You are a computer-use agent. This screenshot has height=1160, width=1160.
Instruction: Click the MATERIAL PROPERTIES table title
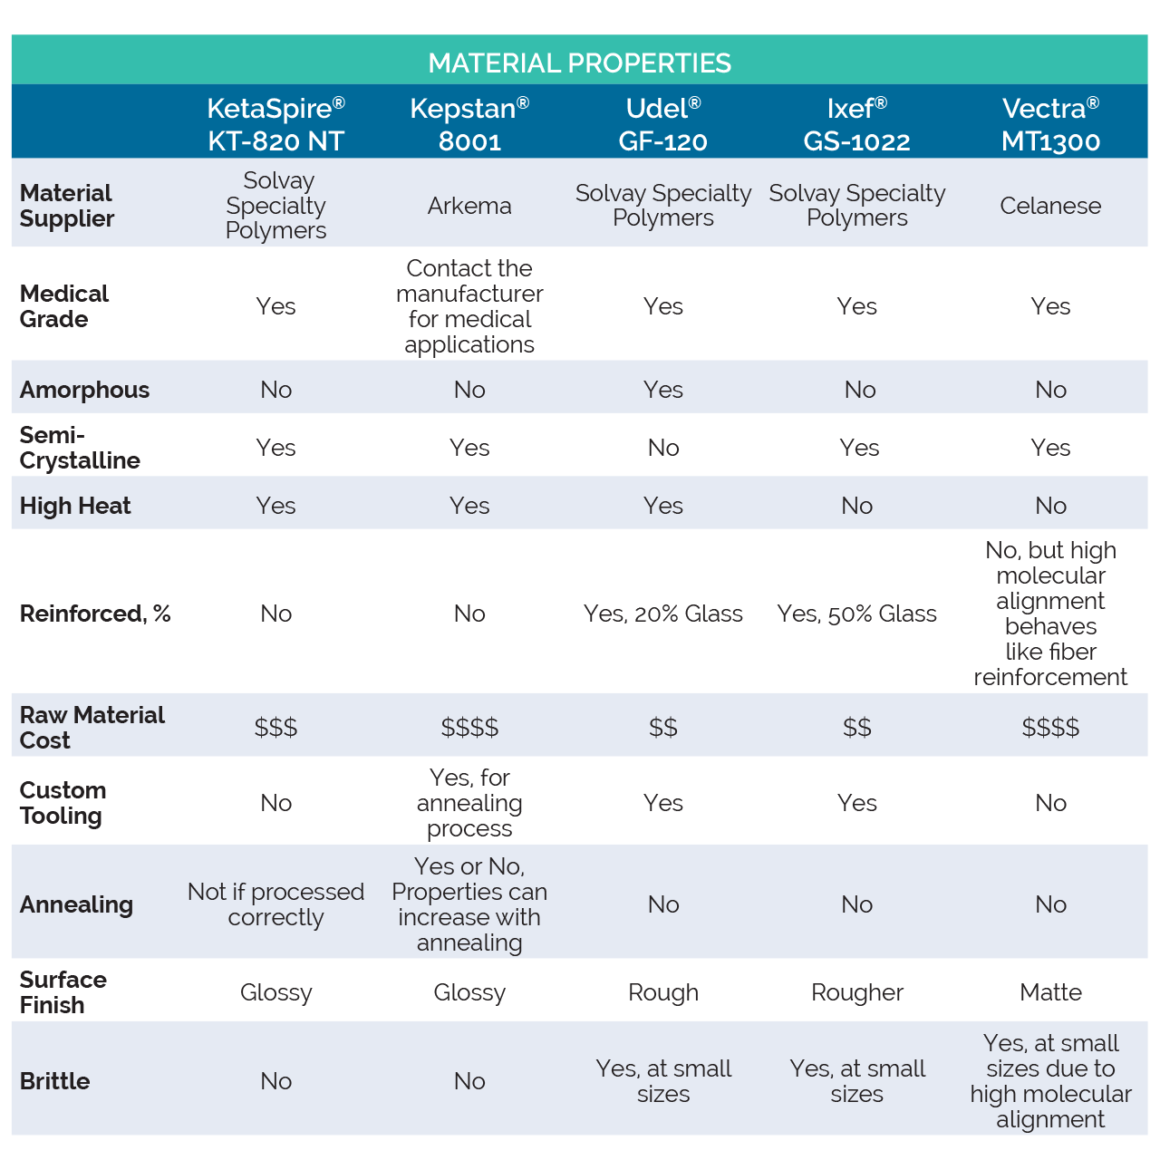click(579, 63)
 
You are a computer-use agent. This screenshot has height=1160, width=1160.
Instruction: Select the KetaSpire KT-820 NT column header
click(275, 124)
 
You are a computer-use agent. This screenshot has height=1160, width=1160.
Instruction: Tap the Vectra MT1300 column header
click(1050, 124)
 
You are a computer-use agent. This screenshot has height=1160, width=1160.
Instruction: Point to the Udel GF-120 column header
click(662, 124)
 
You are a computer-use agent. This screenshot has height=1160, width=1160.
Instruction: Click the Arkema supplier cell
click(469, 206)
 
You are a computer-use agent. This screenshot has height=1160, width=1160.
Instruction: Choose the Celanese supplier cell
click(1050, 206)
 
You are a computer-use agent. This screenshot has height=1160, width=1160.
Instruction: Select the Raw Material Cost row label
click(92, 727)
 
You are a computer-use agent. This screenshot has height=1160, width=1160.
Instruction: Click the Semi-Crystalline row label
click(80, 448)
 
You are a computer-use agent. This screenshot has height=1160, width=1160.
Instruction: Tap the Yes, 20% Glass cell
click(662, 614)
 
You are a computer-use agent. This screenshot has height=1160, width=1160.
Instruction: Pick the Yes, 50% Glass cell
click(856, 614)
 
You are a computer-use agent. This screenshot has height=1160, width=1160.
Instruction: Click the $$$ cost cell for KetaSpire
click(275, 727)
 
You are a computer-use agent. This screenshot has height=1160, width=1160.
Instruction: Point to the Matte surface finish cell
click(1050, 992)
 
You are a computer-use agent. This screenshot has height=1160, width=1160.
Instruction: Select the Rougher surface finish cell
click(856, 992)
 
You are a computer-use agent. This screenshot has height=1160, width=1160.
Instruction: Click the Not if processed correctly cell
click(275, 904)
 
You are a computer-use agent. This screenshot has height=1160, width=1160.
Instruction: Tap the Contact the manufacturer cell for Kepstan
click(469, 306)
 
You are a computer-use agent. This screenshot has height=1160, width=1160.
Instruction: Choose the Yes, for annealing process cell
click(469, 803)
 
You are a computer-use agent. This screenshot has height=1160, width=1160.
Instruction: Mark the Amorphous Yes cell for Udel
click(662, 390)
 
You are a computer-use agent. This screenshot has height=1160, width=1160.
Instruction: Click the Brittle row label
click(54, 1081)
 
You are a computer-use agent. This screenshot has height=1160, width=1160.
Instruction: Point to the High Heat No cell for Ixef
click(856, 506)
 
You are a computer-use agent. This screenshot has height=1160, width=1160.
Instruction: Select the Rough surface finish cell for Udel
click(662, 992)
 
